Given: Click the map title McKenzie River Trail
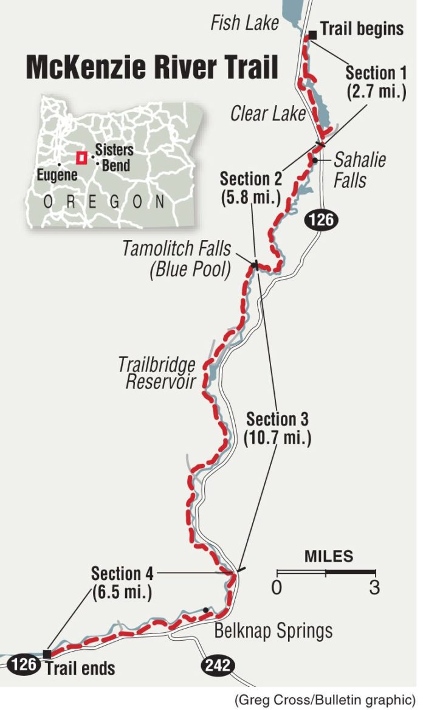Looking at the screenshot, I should click(x=151, y=67).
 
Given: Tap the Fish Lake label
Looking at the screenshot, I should click(x=244, y=24).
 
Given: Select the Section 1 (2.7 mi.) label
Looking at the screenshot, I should click(x=376, y=83).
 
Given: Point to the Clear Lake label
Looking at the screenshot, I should click(x=267, y=114).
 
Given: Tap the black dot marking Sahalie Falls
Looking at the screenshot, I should click(x=315, y=160).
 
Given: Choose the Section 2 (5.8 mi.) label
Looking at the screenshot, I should click(x=250, y=188).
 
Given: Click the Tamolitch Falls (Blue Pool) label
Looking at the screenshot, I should click(x=177, y=259).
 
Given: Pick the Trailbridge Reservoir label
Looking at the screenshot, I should click(x=157, y=373).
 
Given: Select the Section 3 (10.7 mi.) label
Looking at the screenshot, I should click(x=277, y=428).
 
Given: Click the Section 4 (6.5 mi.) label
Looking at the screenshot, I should click(x=122, y=582).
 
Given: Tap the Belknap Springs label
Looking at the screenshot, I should click(x=273, y=630).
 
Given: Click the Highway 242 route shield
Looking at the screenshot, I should click(x=218, y=665).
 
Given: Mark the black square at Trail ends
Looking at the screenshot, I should click(x=47, y=653).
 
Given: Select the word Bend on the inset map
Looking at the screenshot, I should click(x=115, y=165).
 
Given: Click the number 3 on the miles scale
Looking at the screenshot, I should click(x=375, y=588).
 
